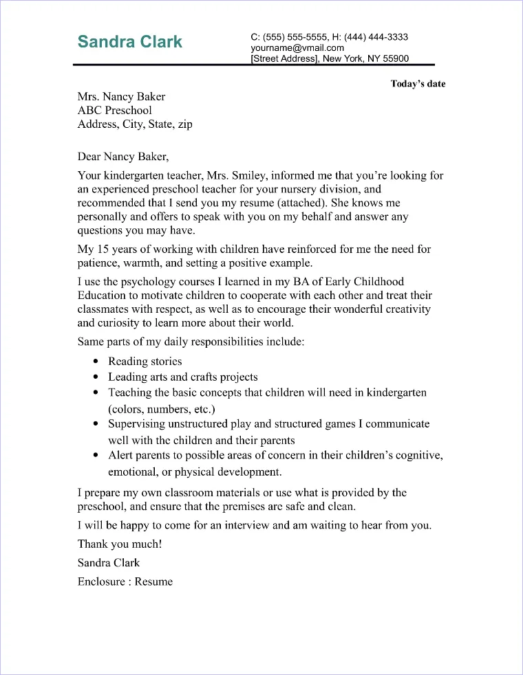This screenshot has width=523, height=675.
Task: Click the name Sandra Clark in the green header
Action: click(x=130, y=42)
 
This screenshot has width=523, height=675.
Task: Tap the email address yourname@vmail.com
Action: click(x=297, y=48)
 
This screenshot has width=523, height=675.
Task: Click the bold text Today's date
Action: click(x=418, y=84)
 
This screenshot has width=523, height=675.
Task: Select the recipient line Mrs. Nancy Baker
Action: click(x=121, y=97)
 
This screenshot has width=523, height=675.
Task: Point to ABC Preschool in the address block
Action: click(x=115, y=111)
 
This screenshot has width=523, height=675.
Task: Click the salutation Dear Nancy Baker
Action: click(x=122, y=156)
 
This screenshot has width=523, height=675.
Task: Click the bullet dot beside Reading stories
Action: click(x=96, y=362)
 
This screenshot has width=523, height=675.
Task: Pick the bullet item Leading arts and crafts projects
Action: click(x=183, y=377)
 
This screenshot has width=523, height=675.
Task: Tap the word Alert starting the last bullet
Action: click(x=121, y=456)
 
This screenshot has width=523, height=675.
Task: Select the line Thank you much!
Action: click(x=120, y=544)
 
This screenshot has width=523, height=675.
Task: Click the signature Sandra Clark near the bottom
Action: click(x=109, y=562)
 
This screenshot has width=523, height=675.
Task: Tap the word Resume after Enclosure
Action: click(x=153, y=582)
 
